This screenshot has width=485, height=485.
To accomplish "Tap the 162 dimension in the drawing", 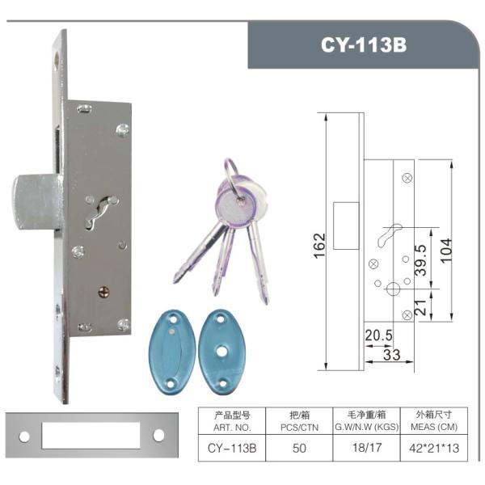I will pyautogui.click(x=319, y=242).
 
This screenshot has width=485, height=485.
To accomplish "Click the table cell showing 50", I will pyautogui.click(x=298, y=446).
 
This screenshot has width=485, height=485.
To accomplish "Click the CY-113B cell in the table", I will pyautogui.click(x=232, y=446).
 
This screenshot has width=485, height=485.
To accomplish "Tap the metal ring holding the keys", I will pyautogui.click(x=231, y=171).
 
